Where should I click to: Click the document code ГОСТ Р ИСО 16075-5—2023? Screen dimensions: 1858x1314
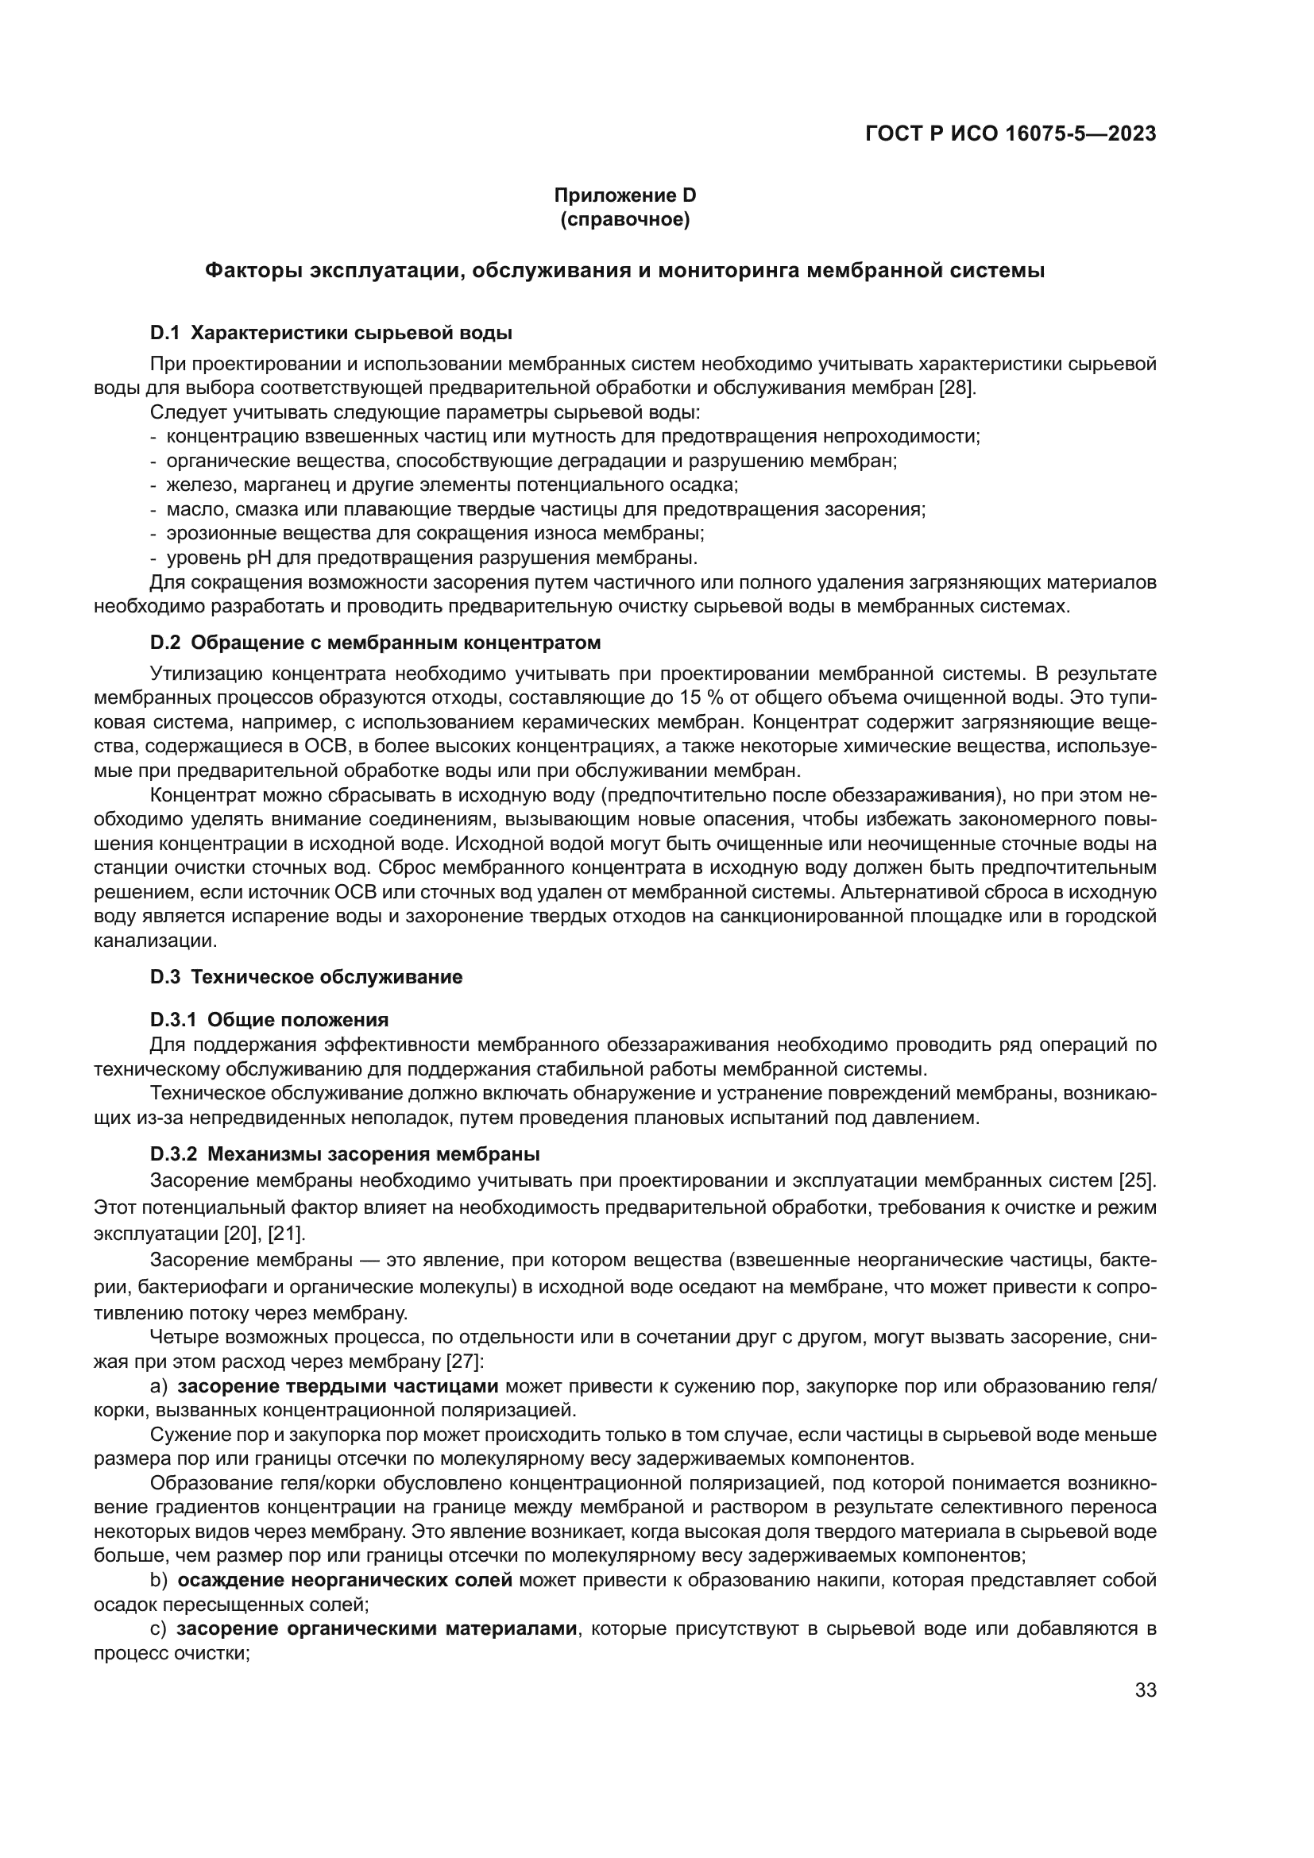(x=1010, y=134)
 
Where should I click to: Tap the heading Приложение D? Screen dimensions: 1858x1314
(x=624, y=195)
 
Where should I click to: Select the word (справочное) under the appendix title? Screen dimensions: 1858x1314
(x=624, y=219)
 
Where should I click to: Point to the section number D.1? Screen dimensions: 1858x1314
(x=164, y=333)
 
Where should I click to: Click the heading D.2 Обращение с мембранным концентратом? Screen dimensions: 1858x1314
(x=376, y=643)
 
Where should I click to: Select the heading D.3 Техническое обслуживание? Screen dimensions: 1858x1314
(x=306, y=977)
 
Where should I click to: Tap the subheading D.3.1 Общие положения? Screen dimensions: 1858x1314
(x=269, y=1020)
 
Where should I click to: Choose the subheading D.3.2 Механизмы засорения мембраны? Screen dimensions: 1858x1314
(x=345, y=1153)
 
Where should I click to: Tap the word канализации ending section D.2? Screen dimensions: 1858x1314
(x=156, y=941)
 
